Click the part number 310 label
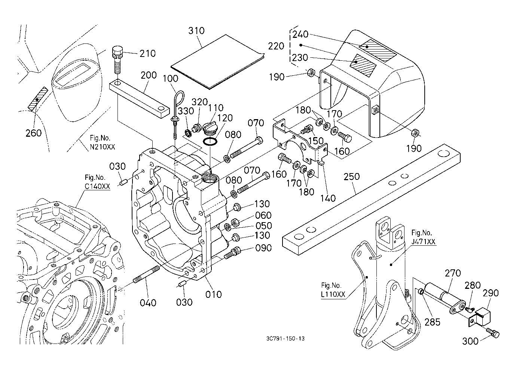tap(196, 30)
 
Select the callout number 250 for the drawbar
tap(351, 176)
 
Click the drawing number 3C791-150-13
tap(283, 339)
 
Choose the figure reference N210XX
tap(102, 147)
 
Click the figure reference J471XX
tap(423, 242)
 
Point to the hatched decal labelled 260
tap(39, 99)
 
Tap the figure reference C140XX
tap(97, 186)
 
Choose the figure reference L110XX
tap(333, 294)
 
